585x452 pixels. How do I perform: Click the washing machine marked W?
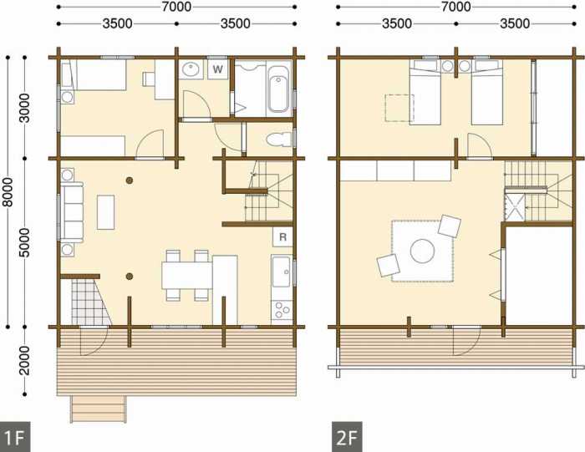point(218,69)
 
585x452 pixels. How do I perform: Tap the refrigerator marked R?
point(282,236)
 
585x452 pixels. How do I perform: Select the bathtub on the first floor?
point(279,89)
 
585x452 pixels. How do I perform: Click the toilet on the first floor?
point(279,140)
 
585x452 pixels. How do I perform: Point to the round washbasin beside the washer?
point(191,69)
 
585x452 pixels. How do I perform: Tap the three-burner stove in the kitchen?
point(282,309)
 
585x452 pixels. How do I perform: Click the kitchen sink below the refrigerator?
point(282,272)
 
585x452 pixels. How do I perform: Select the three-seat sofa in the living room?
point(72,212)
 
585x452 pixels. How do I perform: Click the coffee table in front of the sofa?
point(105,212)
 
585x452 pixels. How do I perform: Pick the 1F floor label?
point(14,437)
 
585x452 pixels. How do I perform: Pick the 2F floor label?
point(347,437)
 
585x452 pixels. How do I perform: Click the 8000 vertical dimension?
point(8,192)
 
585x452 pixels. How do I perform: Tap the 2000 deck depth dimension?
point(24,361)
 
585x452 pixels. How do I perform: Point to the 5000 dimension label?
point(24,243)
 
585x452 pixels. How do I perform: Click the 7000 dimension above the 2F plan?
point(456,7)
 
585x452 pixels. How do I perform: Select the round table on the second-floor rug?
point(422,251)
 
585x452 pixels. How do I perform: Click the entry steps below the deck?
point(99,409)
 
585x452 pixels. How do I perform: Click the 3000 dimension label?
point(24,108)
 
